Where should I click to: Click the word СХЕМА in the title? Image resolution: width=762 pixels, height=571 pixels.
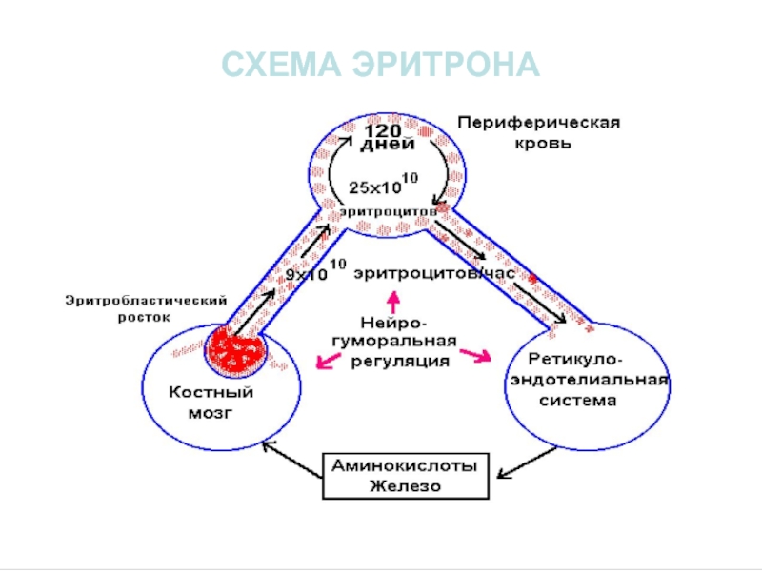tap(281, 65)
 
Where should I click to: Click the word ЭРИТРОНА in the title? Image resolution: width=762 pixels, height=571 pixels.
tap(446, 65)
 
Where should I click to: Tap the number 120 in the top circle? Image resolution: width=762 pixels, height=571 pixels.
tap(383, 131)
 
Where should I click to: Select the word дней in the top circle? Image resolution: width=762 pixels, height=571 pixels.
tap(388, 145)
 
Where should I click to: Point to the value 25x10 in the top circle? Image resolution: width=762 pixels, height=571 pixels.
tap(375, 187)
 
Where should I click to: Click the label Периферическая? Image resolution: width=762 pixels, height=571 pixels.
tap(539, 123)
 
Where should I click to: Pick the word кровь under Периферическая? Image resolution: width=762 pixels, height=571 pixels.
tap(543, 144)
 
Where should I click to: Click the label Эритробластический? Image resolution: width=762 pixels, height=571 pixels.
tap(147, 301)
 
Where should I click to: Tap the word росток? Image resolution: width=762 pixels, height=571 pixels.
tap(145, 318)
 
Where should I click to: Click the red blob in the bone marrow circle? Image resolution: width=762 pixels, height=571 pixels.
tap(236, 350)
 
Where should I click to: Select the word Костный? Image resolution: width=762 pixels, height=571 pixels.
tap(211, 392)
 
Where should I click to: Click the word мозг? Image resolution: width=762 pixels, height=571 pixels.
tap(211, 413)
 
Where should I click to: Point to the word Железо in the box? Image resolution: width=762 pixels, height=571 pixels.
tap(406, 486)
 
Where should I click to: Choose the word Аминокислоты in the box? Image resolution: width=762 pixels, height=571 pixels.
tap(405, 466)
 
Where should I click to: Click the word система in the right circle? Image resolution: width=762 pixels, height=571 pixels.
tap(578, 401)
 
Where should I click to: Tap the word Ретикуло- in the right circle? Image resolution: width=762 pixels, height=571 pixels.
tap(575, 361)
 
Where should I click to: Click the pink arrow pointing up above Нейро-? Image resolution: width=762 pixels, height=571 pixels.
tap(393, 302)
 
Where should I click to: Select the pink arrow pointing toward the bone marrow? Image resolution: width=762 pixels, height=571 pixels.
tap(329, 361)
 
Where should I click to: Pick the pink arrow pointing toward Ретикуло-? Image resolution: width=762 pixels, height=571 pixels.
tap(475, 355)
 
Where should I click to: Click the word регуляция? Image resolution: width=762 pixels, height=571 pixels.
tap(400, 362)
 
